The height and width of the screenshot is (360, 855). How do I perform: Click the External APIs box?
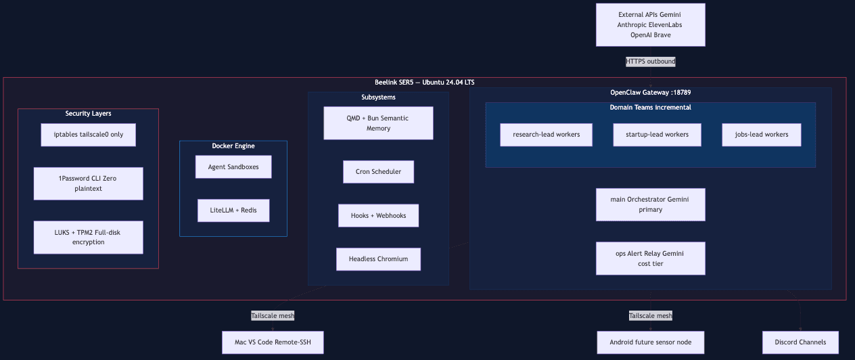pos(650,25)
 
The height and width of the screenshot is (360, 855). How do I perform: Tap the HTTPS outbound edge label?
pos(650,62)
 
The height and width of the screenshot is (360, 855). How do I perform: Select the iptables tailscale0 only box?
pos(88,135)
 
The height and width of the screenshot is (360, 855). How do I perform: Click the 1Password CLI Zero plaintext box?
pos(88,183)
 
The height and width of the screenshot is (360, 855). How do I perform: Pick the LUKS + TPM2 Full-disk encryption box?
pos(88,237)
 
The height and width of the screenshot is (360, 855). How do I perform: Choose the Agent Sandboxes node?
pos(233,166)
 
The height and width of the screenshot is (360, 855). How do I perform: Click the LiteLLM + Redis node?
pos(233,210)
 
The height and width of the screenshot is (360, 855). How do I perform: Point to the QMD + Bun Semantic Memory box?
pos(378,123)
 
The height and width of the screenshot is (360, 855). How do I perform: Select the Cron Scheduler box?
pos(378,172)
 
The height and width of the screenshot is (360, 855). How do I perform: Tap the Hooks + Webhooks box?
pos(378,215)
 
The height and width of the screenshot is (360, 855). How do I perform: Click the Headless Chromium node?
pos(378,259)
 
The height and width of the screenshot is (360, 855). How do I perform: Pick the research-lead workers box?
pos(546,135)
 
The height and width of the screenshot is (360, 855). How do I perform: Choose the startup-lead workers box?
pos(657,135)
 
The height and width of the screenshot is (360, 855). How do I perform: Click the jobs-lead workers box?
pos(761,135)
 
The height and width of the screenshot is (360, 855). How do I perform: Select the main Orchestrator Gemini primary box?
pos(650,204)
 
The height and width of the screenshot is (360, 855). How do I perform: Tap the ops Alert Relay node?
pos(650,258)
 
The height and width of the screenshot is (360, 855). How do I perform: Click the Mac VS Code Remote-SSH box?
pos(273,342)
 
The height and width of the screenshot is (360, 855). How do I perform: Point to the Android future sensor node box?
pos(650,342)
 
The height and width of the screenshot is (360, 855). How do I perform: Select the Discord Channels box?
pos(800,342)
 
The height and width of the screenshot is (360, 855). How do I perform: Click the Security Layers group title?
pos(88,114)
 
